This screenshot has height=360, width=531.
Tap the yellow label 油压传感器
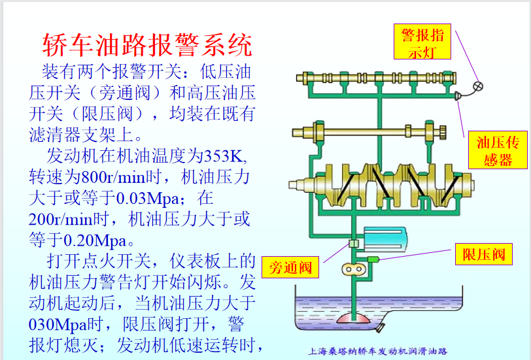pos(498,150)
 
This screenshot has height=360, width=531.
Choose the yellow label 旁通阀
pos(290,267)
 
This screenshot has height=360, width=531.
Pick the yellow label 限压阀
pos(483,254)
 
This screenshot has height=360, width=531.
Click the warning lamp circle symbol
pos(478,86)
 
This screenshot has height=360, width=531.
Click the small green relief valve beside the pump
pos(373,260)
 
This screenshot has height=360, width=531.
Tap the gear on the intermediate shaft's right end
pos(442,133)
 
